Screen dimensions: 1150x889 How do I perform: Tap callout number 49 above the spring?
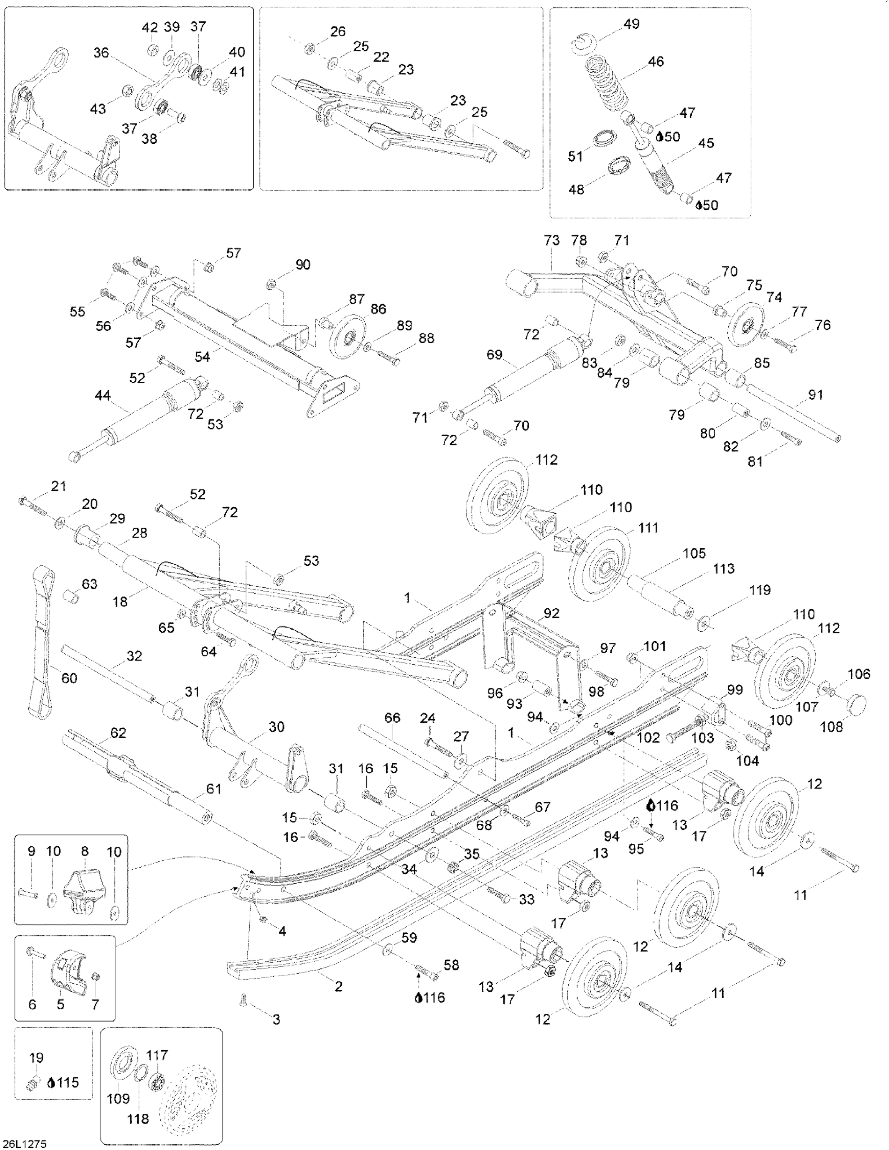tap(631, 24)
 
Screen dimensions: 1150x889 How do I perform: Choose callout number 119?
tap(760, 590)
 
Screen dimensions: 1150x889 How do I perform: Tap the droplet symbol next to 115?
tap(51, 1083)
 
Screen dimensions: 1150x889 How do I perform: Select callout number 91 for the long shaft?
tap(815, 394)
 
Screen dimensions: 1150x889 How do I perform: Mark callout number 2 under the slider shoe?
tap(339, 986)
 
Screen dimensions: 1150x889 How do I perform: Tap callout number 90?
tap(303, 264)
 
